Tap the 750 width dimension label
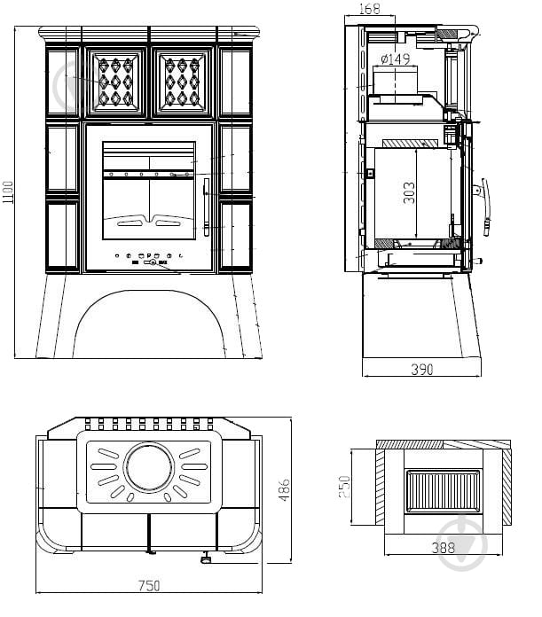150,585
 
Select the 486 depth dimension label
285,489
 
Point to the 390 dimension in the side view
423,369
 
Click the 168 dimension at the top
370,10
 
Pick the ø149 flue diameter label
395,60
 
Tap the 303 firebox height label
409,193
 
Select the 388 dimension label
443,548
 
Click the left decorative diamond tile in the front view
115,82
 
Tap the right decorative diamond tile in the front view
183,82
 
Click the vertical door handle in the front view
205,206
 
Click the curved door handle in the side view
485,207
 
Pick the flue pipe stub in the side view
395,83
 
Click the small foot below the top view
206,558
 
